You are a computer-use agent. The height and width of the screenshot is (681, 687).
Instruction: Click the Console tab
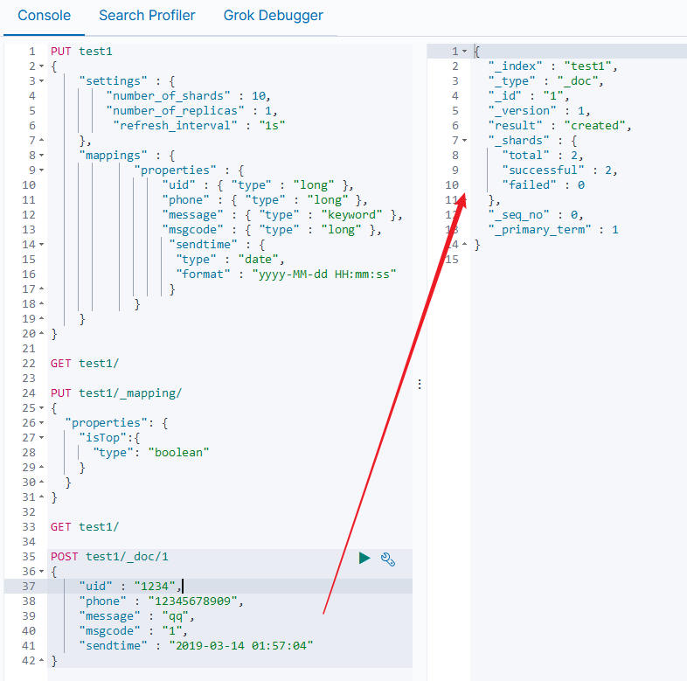[x=45, y=16]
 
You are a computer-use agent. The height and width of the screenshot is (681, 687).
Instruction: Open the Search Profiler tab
[x=147, y=16]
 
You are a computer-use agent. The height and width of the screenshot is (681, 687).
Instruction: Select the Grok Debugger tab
[x=273, y=16]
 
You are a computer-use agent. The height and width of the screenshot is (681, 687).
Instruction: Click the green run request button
[x=364, y=558]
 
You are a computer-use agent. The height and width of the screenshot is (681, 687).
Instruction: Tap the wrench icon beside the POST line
[x=388, y=559]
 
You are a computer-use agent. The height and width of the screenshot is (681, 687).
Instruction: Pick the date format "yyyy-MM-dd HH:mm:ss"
[x=323, y=274]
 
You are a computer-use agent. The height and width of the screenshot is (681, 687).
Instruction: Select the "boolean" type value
[x=179, y=452]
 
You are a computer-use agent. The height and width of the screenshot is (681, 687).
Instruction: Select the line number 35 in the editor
[x=30, y=556]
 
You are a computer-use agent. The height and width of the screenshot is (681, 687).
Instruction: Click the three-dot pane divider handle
[x=420, y=384]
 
